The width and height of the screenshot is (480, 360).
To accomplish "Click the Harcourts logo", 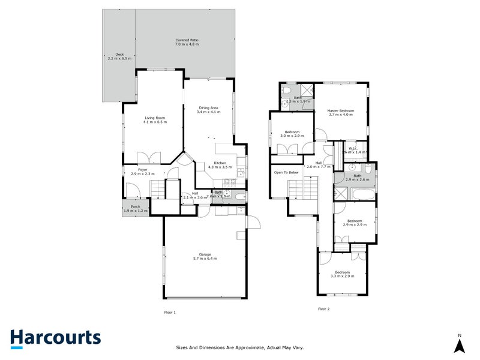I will coord(55,337).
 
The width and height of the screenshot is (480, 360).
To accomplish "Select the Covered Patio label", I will coord(187,40).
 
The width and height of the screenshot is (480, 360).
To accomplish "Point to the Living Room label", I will coord(155,118).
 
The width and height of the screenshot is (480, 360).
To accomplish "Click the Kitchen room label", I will coord(220,163).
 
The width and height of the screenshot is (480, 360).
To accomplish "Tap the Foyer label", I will coord(143,170).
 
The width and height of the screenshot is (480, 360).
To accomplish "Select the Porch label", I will coord(135,207).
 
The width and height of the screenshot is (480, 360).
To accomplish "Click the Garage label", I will coord(205,254).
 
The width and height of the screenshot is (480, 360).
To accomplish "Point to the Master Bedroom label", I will coord(340,110).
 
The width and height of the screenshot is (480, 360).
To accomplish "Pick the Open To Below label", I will coord(286,172).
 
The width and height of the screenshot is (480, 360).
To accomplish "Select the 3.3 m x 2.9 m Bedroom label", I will coord(342,272).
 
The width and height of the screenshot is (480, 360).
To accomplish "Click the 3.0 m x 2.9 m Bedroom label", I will coord(292,132).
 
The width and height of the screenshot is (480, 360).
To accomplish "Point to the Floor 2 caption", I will coord(324,309).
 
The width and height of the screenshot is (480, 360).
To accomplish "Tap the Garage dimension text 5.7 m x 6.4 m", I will coord(205,258).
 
